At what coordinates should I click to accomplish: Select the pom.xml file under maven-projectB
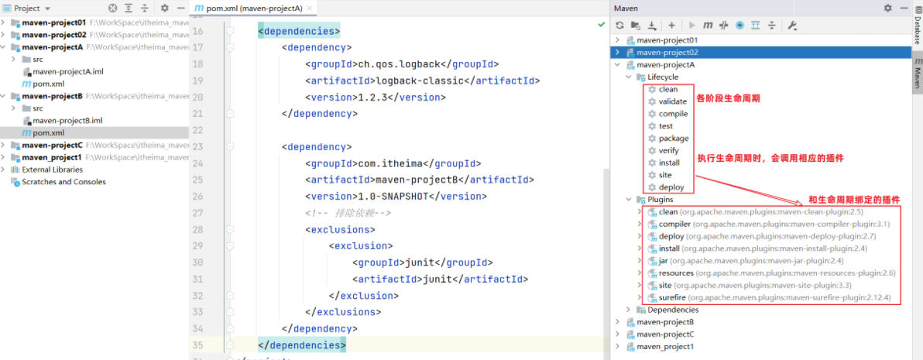(48, 132)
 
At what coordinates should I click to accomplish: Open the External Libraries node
(52, 170)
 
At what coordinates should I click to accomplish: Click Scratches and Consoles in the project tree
(63, 182)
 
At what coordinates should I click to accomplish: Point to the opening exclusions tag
(341, 230)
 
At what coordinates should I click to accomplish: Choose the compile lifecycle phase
(673, 114)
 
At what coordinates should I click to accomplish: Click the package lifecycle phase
(673, 139)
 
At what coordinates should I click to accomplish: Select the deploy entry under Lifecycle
(671, 187)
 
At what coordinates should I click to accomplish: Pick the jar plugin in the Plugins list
(664, 261)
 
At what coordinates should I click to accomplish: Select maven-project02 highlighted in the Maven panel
(667, 53)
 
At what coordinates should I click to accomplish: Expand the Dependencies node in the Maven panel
(672, 310)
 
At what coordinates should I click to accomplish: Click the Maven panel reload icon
(620, 25)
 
